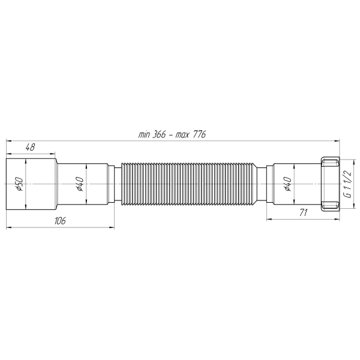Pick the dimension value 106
click(59, 221)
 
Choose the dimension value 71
click(303, 212)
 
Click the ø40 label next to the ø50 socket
click(80, 184)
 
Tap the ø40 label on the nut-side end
click(287, 184)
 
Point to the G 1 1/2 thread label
click(347, 185)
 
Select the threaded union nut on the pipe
click(329, 184)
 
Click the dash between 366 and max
click(171, 136)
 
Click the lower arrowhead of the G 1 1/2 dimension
click(340, 207)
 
